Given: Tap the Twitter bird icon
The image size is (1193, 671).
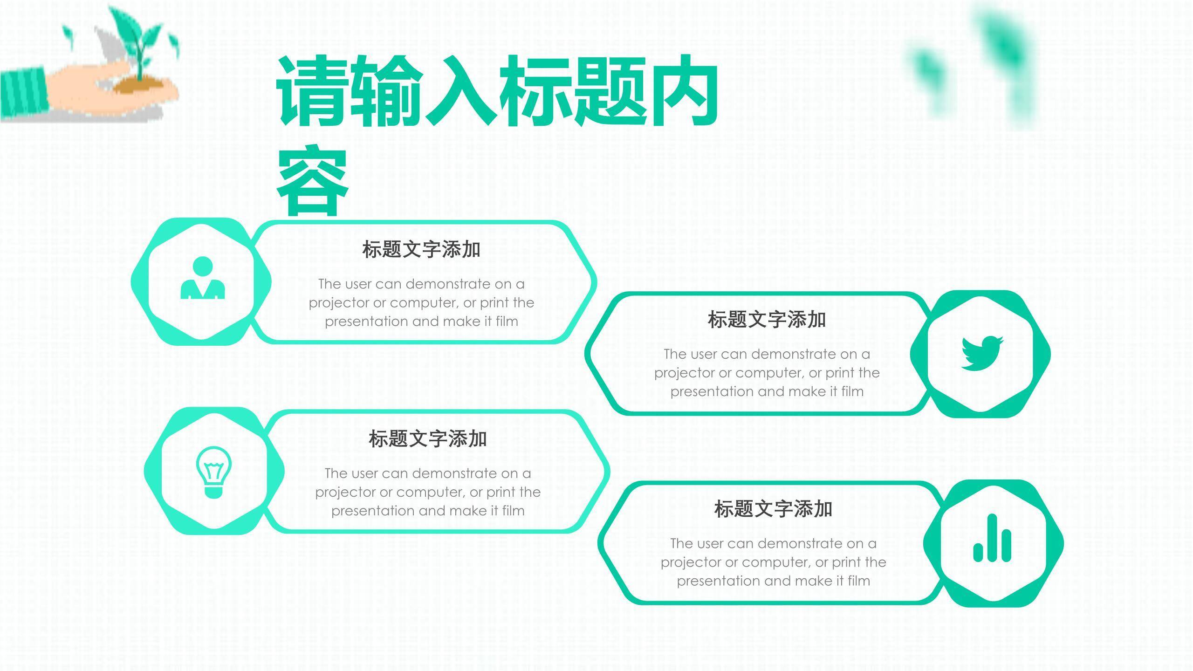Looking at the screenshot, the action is [x=982, y=353].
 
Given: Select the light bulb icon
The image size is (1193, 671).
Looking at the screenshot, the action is [x=214, y=472].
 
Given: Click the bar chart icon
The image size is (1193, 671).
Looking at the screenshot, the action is [x=992, y=538].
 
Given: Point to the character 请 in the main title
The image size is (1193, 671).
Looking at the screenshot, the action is [x=313, y=91].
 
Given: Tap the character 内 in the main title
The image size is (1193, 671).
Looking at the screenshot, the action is [x=683, y=91].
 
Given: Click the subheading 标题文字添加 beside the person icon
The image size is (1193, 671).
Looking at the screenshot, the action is [x=421, y=249].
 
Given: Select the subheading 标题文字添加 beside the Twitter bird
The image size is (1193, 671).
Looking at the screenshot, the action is [x=767, y=320].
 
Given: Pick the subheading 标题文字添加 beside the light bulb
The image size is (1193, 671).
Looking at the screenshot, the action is [x=428, y=439].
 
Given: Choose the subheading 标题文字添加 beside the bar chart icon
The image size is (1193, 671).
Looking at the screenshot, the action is [x=773, y=509].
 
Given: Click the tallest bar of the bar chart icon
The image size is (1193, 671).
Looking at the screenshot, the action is [x=992, y=538].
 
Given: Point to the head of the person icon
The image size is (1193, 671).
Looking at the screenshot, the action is [x=203, y=267].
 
